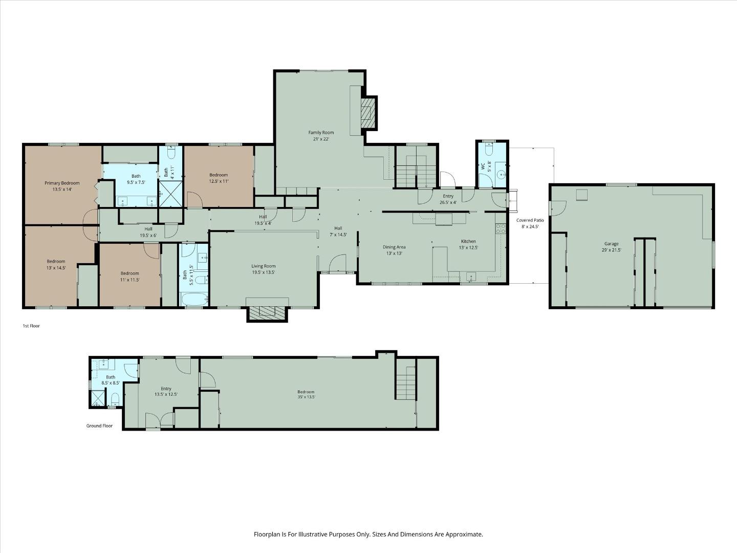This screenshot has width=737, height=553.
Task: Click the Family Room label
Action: pos(321,133)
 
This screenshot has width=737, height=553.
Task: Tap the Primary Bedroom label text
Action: pos(62,183)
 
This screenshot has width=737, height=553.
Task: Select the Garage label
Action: pos(612,244)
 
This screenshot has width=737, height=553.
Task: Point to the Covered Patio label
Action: pos(530,220)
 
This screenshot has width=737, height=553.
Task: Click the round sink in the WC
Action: pos(501,175)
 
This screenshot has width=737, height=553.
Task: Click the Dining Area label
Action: pos(394,247)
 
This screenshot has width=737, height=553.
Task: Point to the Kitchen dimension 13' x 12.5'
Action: pos(468,248)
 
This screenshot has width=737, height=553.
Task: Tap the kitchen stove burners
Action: pos(501,229)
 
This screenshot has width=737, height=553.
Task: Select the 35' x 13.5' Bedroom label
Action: pos(306,392)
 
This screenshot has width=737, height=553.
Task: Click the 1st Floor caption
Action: pos(31,326)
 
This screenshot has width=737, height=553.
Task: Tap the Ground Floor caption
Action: pos(99,426)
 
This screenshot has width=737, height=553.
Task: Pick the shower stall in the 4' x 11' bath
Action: pos(171,194)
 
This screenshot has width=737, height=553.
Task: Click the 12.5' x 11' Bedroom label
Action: pos(219,175)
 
